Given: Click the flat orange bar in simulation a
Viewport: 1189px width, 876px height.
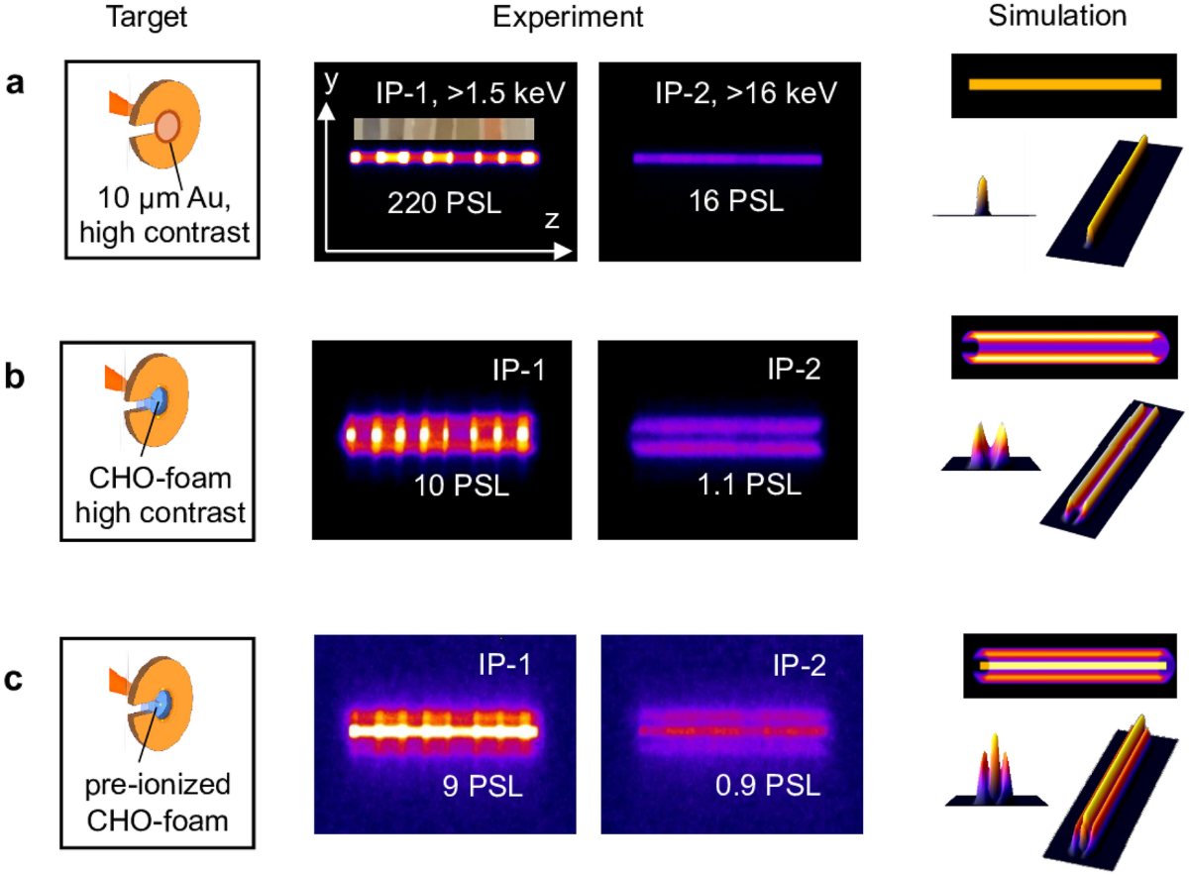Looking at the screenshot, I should pos(1063,84).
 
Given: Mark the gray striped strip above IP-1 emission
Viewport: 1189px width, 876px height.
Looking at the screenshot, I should pos(444,129).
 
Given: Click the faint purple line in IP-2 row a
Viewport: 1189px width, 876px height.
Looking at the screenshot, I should pos(728,158).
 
